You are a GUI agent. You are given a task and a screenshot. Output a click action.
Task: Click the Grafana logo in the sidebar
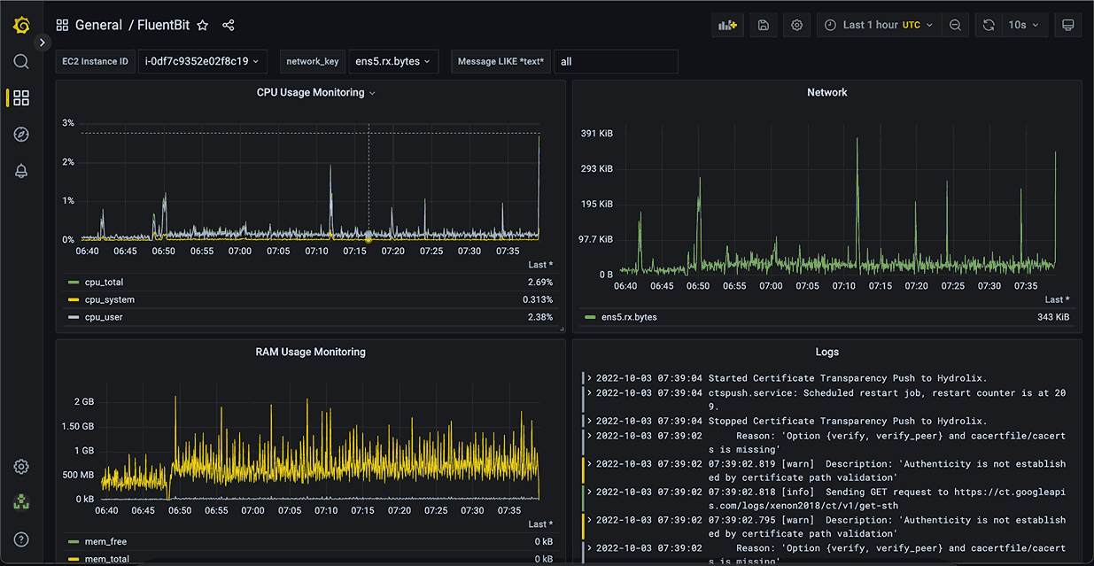(x=21, y=26)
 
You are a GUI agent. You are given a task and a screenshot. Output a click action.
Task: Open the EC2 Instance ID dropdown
(x=203, y=61)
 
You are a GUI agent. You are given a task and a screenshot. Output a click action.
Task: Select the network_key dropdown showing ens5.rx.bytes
(x=393, y=61)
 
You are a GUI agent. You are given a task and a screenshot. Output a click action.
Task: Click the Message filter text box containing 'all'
(x=616, y=61)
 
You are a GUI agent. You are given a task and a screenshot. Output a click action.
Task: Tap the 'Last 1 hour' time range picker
(x=878, y=25)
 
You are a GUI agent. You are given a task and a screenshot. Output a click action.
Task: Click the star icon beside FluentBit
(x=203, y=26)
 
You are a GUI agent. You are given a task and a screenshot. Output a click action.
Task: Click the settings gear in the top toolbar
(x=796, y=25)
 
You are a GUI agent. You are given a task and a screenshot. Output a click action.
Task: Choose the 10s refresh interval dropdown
(x=1024, y=25)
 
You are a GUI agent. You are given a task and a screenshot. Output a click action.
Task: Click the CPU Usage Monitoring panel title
(x=311, y=92)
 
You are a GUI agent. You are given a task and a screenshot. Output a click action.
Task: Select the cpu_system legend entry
(x=110, y=299)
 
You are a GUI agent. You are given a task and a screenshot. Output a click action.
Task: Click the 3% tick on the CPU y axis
(x=68, y=123)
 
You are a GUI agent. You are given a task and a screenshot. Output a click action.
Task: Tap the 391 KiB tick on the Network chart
(x=596, y=134)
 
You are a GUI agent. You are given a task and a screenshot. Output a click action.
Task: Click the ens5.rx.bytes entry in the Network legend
(x=629, y=317)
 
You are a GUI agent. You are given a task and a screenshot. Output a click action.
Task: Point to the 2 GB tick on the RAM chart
(x=83, y=401)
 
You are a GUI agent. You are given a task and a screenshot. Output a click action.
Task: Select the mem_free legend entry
(x=105, y=541)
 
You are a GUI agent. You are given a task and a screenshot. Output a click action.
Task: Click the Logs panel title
(x=826, y=352)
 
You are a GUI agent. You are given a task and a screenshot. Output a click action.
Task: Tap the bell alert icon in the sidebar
(x=21, y=171)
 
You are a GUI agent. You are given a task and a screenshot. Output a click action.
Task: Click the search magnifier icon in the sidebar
(x=21, y=61)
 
